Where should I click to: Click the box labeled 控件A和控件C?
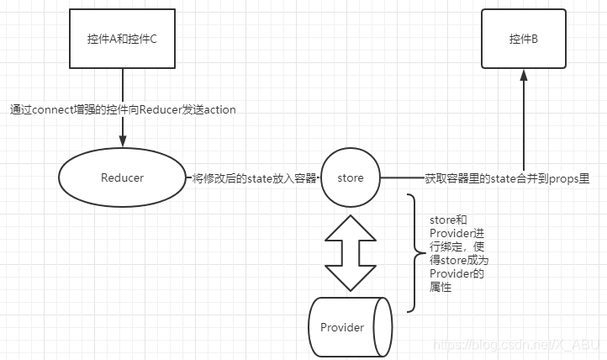click(x=123, y=39)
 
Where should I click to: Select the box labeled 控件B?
click(x=523, y=39)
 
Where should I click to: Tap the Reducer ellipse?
click(x=122, y=177)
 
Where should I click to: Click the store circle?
click(x=350, y=177)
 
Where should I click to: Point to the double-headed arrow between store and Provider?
click(x=350, y=251)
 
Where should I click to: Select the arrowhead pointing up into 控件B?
click(x=523, y=75)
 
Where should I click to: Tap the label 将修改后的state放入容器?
click(x=253, y=178)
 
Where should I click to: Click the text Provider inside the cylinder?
click(x=342, y=327)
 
